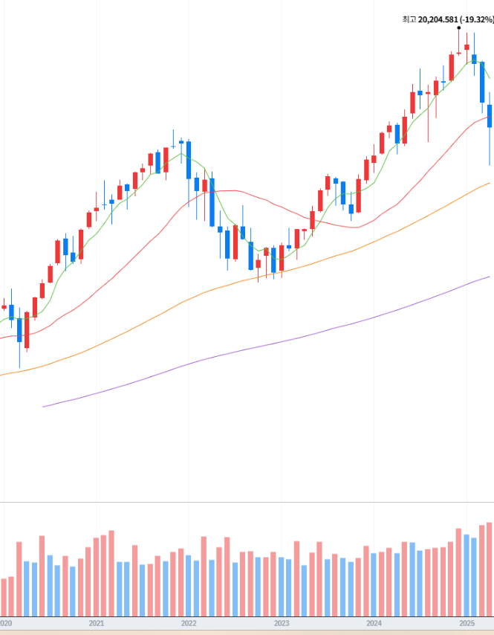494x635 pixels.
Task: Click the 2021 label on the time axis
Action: pos(95,624)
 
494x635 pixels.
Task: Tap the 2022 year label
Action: pos(188,624)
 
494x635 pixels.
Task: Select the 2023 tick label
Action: pos(282,624)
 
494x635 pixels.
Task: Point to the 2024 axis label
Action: pos(374,624)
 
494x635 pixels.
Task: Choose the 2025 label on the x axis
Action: pos(467,624)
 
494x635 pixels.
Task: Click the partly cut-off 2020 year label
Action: pos(6,624)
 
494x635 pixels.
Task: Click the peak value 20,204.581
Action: pos(438,19)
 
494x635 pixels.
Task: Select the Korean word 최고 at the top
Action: pos(409,19)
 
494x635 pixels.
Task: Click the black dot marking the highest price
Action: pos(459,28)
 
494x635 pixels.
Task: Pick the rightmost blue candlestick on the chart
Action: pos(490,116)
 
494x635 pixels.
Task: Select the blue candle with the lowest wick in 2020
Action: pos(19,331)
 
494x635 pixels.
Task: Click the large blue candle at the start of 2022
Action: pos(189,159)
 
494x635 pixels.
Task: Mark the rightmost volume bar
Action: pos(490,569)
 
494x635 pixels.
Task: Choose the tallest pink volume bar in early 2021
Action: pos(111,573)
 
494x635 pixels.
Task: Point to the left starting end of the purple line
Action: pos(44,406)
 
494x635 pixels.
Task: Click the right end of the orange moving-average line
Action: pos(490,183)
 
